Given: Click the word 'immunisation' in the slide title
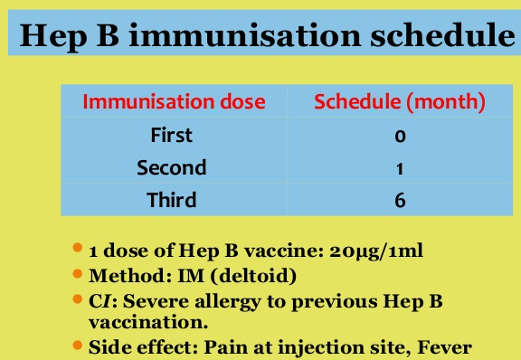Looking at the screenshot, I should (x=235, y=36).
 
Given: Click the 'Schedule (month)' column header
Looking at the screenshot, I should (x=399, y=101).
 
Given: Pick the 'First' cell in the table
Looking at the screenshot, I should (x=172, y=135).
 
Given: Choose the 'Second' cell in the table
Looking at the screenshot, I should (x=172, y=167).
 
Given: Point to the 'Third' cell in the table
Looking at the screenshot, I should (x=172, y=200).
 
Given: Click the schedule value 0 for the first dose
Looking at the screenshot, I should (x=399, y=136).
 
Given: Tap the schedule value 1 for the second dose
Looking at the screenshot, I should (x=399, y=168).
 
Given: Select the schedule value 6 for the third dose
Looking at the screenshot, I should (x=399, y=201).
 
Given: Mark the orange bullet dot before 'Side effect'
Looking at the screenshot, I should (x=79, y=343).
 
